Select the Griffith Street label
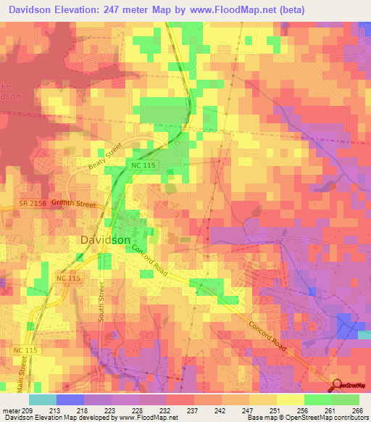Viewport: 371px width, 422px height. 74,205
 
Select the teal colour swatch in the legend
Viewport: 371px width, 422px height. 43,400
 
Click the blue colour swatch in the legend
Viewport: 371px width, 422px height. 70,400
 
